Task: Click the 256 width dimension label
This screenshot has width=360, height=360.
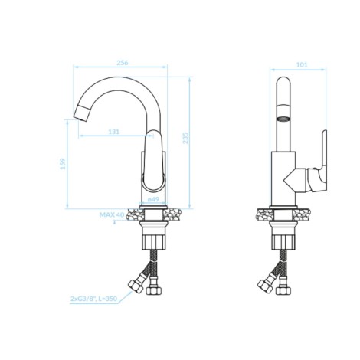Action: point(123,63)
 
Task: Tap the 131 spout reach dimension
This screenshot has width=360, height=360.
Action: point(114,132)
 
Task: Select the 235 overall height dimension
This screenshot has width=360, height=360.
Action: point(185,138)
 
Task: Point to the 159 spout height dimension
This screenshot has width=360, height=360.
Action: point(63,164)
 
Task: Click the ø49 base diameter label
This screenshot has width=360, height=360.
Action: point(153,199)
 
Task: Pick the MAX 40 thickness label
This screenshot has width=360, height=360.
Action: point(112,214)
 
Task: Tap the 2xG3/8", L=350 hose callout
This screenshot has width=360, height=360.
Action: point(93,299)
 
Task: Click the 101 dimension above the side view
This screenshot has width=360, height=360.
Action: point(302,65)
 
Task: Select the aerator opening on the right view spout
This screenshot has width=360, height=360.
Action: point(283,119)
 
